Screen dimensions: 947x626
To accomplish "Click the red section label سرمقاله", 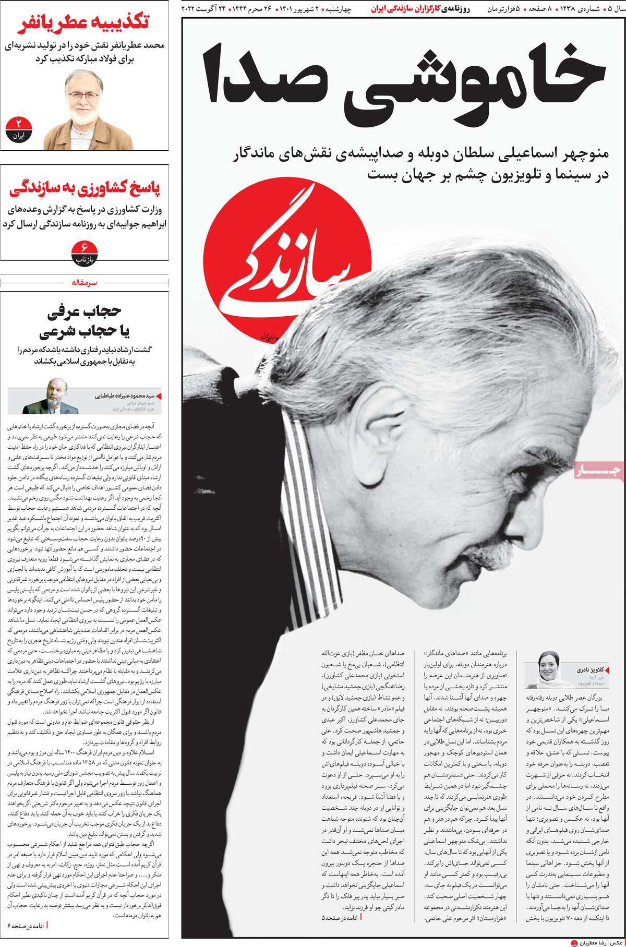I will coord(86,282).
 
